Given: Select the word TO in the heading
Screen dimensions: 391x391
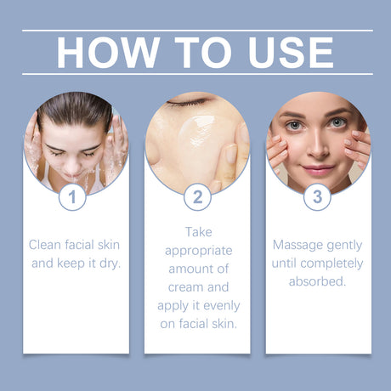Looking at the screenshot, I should click(x=197, y=52).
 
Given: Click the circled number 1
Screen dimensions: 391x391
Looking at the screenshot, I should click(x=72, y=197).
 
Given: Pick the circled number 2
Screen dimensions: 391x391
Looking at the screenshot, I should click(x=197, y=197).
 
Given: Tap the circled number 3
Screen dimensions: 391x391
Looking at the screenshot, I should click(x=318, y=197).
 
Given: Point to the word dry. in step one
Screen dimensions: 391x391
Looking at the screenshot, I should click(x=108, y=263).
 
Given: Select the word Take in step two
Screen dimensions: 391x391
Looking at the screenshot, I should click(x=197, y=231).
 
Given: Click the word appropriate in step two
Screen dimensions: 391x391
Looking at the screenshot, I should click(x=197, y=250).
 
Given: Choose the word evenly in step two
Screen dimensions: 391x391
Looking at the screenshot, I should click(x=219, y=305).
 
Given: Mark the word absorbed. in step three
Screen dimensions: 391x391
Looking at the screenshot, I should click(x=318, y=281).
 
